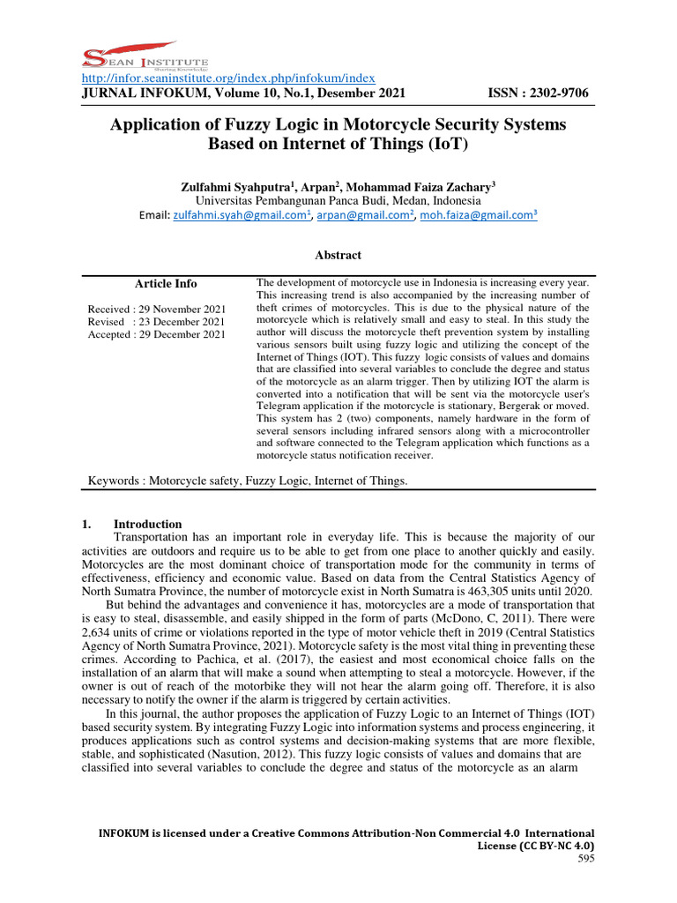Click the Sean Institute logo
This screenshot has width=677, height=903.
[131, 58]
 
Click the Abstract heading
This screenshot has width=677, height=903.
[338, 256]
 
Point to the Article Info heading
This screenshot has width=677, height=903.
[166, 284]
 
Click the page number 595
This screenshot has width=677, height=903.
[585, 858]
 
